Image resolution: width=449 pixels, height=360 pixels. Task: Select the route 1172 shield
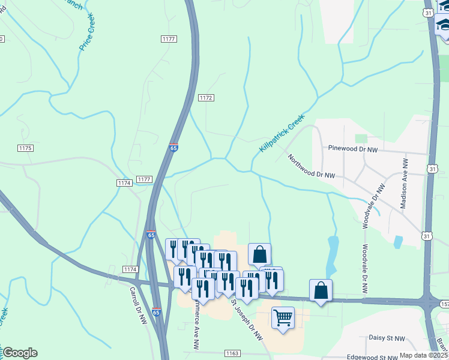206,97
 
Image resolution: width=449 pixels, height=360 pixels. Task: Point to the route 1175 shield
25,148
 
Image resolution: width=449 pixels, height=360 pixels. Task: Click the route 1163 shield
233,354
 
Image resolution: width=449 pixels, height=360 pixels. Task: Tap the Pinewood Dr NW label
353,148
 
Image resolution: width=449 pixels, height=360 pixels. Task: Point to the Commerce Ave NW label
195,326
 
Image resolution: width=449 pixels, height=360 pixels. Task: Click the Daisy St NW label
387,338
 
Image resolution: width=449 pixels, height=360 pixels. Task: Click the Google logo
20,353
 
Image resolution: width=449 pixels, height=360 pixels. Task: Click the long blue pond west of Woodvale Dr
331,254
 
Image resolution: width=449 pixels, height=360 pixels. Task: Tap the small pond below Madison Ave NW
397,242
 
